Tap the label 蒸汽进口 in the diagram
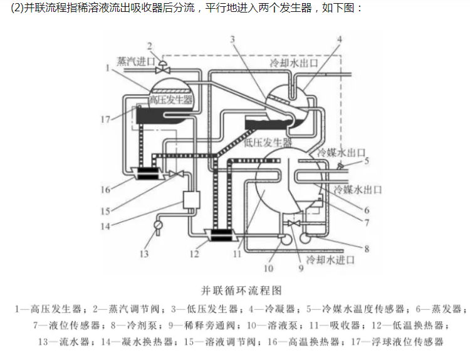[x=136, y=61]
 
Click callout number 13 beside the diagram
[x=144, y=254]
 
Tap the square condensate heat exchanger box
[x=190, y=199]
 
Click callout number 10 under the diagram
[x=268, y=269]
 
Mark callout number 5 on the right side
[x=367, y=161]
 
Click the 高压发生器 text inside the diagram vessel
[x=170, y=100]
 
